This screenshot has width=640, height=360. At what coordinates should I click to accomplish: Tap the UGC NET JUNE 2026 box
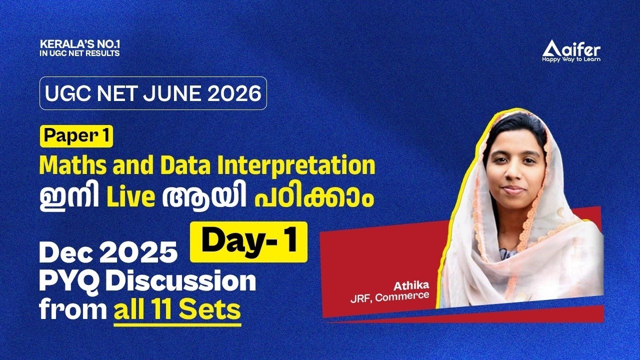(153, 93)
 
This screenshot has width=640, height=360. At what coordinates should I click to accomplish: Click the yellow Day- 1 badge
(248, 242)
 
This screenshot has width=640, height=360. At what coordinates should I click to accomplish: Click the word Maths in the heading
(65, 166)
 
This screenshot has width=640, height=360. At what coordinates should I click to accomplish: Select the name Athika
(411, 286)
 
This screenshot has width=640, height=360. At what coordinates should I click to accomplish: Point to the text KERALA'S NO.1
(80, 44)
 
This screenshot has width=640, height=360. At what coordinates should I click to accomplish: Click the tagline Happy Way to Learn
(571, 59)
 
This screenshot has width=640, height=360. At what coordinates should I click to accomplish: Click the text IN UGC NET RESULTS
(80, 53)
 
